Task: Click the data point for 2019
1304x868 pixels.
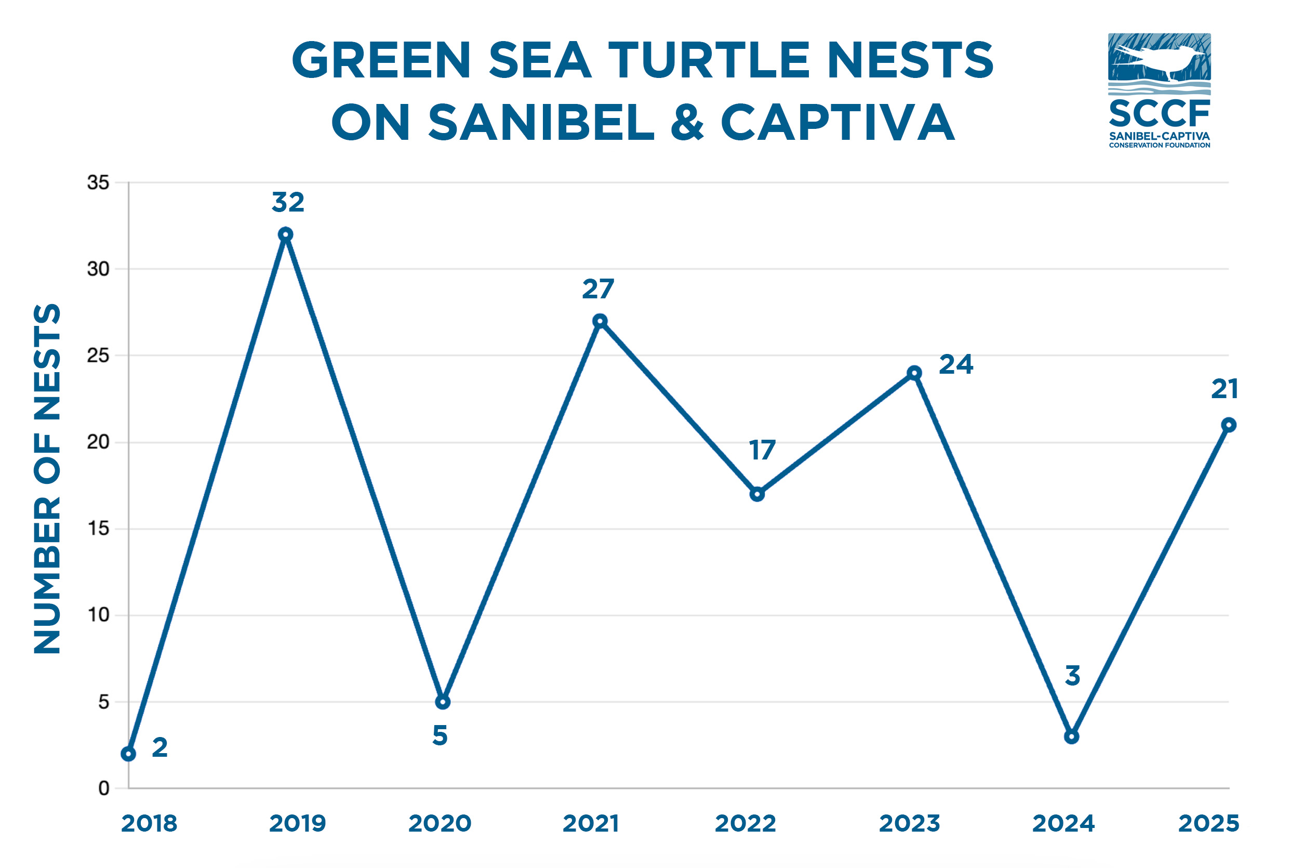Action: click(285, 234)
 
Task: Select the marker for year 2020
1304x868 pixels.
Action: click(443, 702)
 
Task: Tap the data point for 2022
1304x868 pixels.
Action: click(757, 494)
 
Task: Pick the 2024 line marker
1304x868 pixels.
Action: click(1072, 737)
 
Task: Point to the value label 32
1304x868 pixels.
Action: click(288, 203)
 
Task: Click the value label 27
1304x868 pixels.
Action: click(598, 289)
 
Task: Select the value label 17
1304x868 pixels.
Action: click(762, 450)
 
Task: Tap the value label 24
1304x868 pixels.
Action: click(956, 365)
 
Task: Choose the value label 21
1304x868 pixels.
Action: click(1225, 389)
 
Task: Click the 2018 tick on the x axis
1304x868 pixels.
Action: click(149, 824)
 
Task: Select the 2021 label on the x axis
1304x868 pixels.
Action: click(590, 824)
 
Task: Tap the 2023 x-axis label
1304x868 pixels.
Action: click(910, 824)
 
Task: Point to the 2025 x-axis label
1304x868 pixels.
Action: click(1209, 824)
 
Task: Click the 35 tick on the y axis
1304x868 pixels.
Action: click(98, 182)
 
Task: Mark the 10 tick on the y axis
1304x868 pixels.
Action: click(98, 614)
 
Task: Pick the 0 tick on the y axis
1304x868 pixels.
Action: click(103, 788)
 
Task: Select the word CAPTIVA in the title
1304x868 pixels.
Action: click(837, 122)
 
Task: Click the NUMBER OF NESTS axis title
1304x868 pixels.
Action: click(47, 478)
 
